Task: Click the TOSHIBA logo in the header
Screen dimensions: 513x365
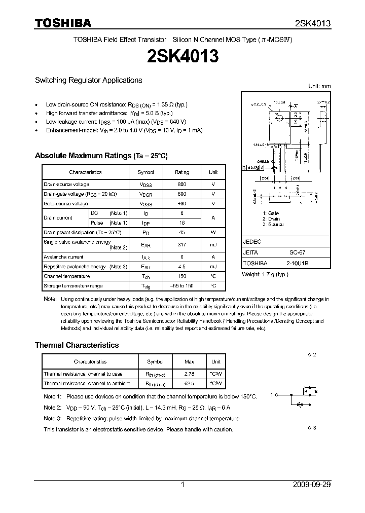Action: (x=63, y=23)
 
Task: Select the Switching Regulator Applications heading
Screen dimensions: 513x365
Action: (x=88, y=80)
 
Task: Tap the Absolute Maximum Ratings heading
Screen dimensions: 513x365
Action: (x=101, y=156)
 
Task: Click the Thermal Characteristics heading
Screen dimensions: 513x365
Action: (x=77, y=345)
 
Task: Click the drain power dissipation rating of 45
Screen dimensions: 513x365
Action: (x=182, y=232)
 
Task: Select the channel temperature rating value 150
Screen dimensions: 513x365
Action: (x=182, y=276)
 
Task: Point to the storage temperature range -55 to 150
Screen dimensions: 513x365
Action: (x=182, y=286)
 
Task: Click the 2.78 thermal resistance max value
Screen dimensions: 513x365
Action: (x=189, y=374)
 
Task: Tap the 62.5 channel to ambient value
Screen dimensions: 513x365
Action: (x=189, y=383)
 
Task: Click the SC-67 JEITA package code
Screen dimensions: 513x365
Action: (x=297, y=252)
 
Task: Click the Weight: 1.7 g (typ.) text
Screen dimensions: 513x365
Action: (x=265, y=274)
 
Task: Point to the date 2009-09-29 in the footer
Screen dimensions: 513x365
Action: (x=312, y=485)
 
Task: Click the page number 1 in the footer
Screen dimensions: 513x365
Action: (x=182, y=485)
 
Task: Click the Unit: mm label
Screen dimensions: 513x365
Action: (x=319, y=86)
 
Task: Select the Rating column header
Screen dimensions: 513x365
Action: (x=182, y=172)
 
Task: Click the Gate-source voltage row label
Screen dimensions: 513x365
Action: (x=66, y=204)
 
